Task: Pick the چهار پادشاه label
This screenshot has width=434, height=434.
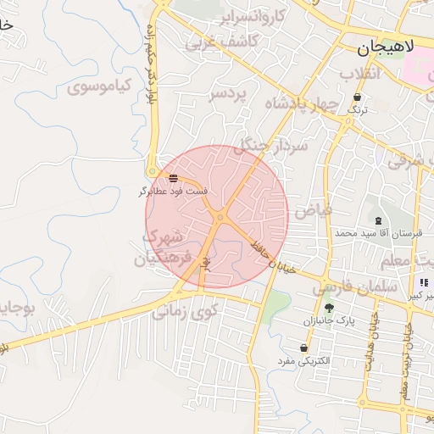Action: click(x=302, y=103)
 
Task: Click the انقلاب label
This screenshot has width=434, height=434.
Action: click(x=363, y=74)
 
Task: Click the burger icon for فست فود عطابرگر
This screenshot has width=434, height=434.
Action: click(x=173, y=178)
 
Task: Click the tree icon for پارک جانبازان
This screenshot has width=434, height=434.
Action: click(x=329, y=308)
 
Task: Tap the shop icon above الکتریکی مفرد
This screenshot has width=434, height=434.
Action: click(x=303, y=348)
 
